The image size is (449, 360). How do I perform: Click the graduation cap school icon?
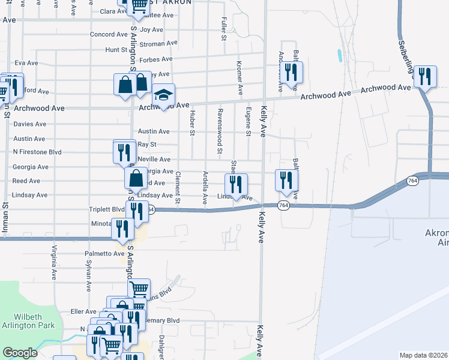[x=163, y=95]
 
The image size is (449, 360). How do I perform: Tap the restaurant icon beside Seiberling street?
[x=426, y=76]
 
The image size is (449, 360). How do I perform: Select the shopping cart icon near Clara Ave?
[x=139, y=5]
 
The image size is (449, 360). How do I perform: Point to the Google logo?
[x=20, y=353]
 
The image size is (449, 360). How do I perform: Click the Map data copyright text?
[x=424, y=355]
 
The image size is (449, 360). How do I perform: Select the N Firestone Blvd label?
[x=38, y=152]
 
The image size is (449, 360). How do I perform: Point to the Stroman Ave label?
[x=158, y=44]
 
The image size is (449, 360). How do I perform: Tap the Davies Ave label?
[x=29, y=124]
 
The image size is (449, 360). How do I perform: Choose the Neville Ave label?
[x=154, y=160]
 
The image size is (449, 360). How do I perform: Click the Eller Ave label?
[x=83, y=311]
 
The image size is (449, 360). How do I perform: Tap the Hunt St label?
[x=113, y=50]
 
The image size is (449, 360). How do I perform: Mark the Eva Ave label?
[x=26, y=62]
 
